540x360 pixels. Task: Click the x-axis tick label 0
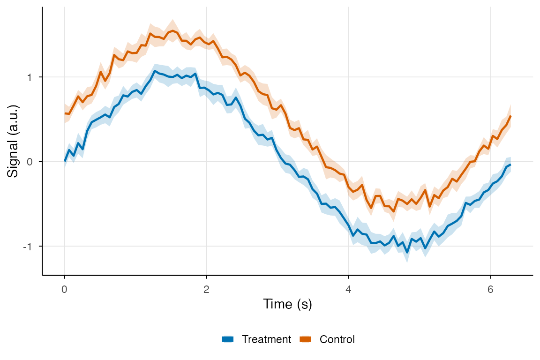[64, 289]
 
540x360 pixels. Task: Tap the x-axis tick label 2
[206, 289]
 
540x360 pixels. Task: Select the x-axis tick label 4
[348, 289]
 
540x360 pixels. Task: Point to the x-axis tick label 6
[490, 289]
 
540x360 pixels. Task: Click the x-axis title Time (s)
[287, 305]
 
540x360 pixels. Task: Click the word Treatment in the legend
[266, 339]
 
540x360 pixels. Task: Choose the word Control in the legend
[337, 339]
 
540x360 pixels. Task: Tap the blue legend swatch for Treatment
[228, 339]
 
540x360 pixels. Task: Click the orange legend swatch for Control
[306, 339]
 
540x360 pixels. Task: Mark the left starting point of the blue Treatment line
[65, 161]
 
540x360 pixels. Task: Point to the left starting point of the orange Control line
[65, 113]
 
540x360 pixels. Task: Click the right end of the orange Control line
[510, 116]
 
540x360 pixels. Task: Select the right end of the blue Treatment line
[510, 165]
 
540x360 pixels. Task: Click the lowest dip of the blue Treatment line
[407, 253]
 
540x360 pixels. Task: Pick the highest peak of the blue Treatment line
[155, 71]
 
